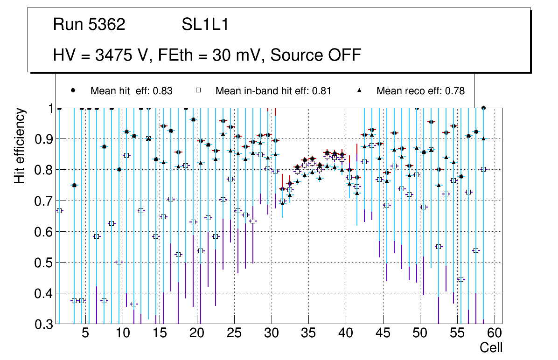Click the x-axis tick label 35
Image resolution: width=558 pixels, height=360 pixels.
click(x=308, y=334)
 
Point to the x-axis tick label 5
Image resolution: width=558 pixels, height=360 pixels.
click(x=85, y=334)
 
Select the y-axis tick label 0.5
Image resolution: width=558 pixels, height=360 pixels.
click(x=43, y=263)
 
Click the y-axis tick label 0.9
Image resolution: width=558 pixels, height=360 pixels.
click(x=43, y=139)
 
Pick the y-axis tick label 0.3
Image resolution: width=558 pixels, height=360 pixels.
click(x=43, y=324)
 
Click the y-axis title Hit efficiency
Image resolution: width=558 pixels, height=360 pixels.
click(x=20, y=146)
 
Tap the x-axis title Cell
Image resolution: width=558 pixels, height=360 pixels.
click(x=491, y=348)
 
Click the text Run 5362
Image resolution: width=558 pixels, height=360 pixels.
click(x=89, y=25)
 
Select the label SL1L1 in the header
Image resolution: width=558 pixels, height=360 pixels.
click(x=205, y=25)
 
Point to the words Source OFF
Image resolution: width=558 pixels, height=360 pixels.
click(x=316, y=55)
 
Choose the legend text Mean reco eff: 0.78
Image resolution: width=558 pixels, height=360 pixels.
click(x=420, y=91)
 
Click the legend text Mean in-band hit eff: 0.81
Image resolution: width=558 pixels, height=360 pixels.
click(x=273, y=91)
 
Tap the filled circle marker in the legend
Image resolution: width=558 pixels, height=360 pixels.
click(x=73, y=90)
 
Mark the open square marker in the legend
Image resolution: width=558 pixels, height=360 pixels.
click(x=198, y=90)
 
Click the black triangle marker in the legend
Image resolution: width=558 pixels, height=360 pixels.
click(x=359, y=90)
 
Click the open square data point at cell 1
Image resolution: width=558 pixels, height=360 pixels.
click(x=59, y=211)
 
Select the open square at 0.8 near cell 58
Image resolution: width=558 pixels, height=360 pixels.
click(x=483, y=169)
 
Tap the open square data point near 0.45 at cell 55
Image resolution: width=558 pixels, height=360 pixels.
click(x=461, y=279)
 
